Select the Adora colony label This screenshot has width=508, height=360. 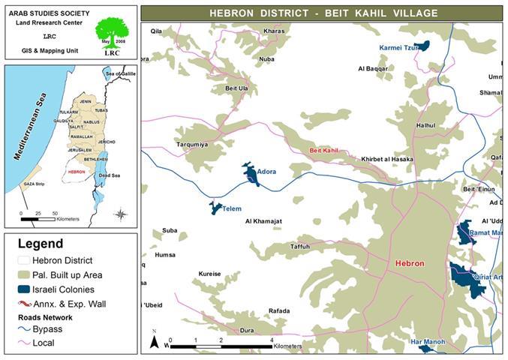pos(266,172)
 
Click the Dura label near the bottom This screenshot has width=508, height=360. pos(246,330)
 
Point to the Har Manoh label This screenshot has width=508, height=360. pos(428,342)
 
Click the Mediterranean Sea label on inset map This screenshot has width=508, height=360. pos(29,126)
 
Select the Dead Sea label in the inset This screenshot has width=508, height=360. pos(110,175)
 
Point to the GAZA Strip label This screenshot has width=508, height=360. pos(35,183)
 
